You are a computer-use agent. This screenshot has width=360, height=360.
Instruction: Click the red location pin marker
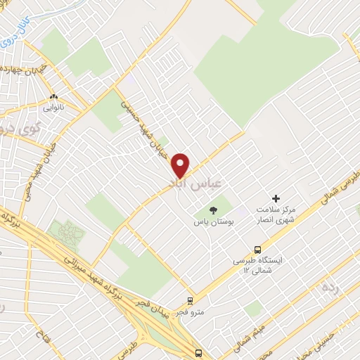[x=181, y=165]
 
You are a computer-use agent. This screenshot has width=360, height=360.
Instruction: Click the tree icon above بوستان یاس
[x=214, y=210]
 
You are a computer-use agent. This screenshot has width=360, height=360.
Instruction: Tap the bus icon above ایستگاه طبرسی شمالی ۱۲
[x=258, y=250]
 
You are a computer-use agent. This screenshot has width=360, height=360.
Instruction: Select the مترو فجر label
[x=191, y=311]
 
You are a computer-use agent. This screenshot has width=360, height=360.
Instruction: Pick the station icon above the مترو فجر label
[x=190, y=300]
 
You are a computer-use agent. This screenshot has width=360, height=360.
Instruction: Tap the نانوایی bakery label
[x=54, y=108]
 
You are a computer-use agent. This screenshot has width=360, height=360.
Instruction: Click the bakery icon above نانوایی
[x=54, y=96]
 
